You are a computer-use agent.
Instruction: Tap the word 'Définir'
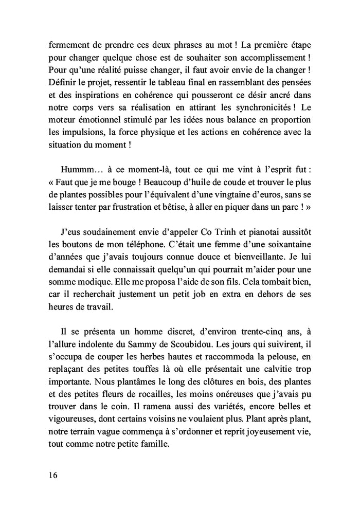tap(62, 82)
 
